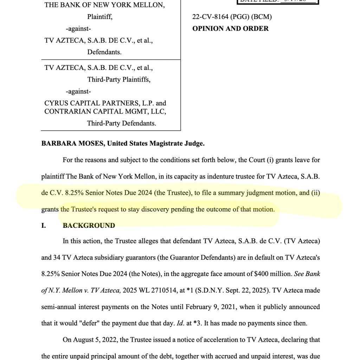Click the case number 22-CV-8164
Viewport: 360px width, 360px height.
(x=210, y=17)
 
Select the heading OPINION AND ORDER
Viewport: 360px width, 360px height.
(x=230, y=28)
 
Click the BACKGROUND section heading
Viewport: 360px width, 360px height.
(x=89, y=226)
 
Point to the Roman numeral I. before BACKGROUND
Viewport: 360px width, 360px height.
(x=44, y=226)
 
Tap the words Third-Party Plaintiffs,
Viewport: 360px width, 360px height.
(x=119, y=79)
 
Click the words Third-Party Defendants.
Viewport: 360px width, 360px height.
(x=122, y=123)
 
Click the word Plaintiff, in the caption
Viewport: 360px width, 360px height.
(x=100, y=17)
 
